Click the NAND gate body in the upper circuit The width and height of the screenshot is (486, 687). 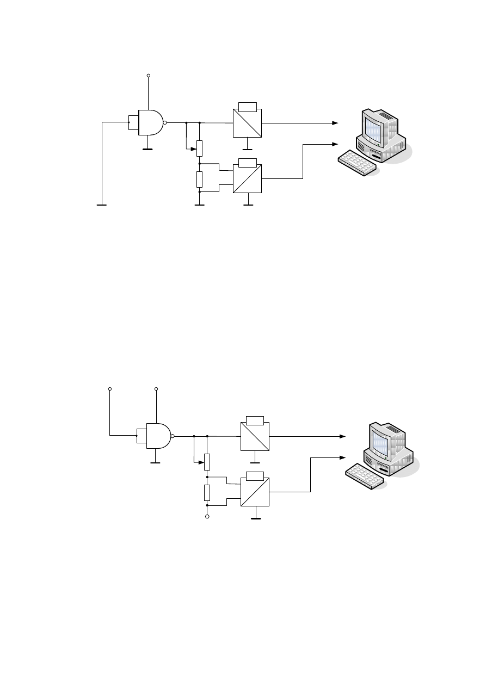(150, 122)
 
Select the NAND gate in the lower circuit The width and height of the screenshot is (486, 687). (158, 436)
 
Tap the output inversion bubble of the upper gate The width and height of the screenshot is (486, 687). (165, 122)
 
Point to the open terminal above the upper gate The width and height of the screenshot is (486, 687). (148, 76)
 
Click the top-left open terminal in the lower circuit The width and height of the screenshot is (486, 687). (110, 389)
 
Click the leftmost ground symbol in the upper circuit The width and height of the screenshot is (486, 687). (102, 205)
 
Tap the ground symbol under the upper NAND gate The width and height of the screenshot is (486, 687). (147, 147)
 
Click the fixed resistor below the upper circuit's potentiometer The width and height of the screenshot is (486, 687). (200, 178)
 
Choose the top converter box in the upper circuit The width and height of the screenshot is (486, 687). (247, 123)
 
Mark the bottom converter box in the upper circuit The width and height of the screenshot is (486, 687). (247, 179)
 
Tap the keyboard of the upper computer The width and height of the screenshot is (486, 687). (357, 163)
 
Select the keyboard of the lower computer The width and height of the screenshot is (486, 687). (365, 476)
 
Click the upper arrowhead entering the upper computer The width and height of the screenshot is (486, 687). (335, 123)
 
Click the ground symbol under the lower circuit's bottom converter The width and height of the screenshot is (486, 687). (255, 518)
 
